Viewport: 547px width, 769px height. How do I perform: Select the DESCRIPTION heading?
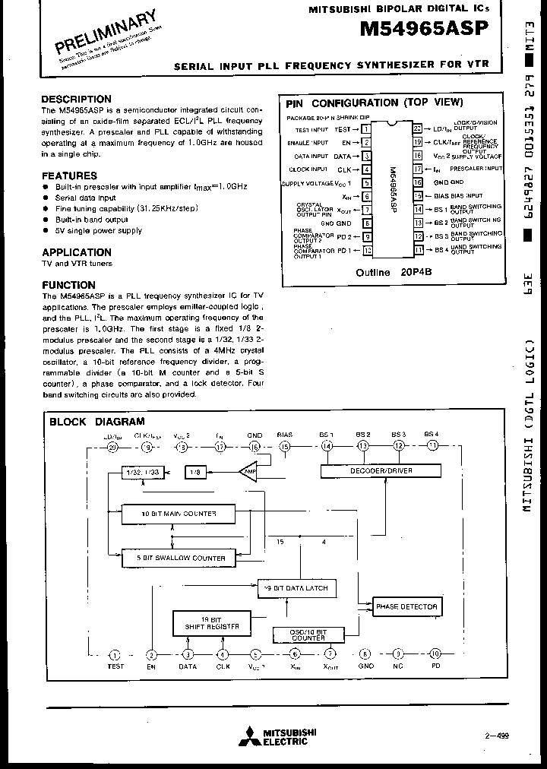pyautogui.click(x=76, y=100)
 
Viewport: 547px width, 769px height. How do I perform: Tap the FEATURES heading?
pyautogui.click(x=69, y=176)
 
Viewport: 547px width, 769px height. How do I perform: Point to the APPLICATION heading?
pyautogui.click(x=77, y=252)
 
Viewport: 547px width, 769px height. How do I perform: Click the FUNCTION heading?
pyautogui.click(x=68, y=285)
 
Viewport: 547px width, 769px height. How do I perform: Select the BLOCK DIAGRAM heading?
pyautogui.click(x=96, y=422)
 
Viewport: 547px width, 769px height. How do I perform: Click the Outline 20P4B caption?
pyautogui.click(x=394, y=272)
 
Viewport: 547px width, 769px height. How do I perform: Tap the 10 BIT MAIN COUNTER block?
pyautogui.click(x=179, y=514)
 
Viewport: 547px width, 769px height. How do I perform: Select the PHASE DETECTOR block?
pyautogui.click(x=407, y=606)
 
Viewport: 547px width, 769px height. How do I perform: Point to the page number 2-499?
pyautogui.click(x=496, y=735)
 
